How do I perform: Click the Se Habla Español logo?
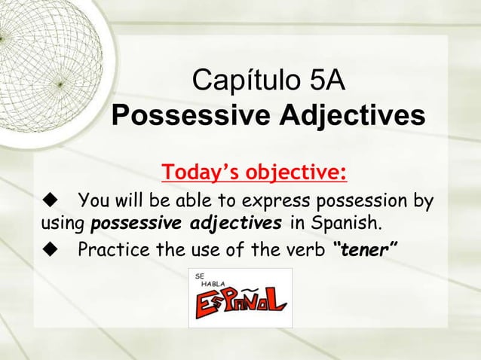point(240,297)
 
